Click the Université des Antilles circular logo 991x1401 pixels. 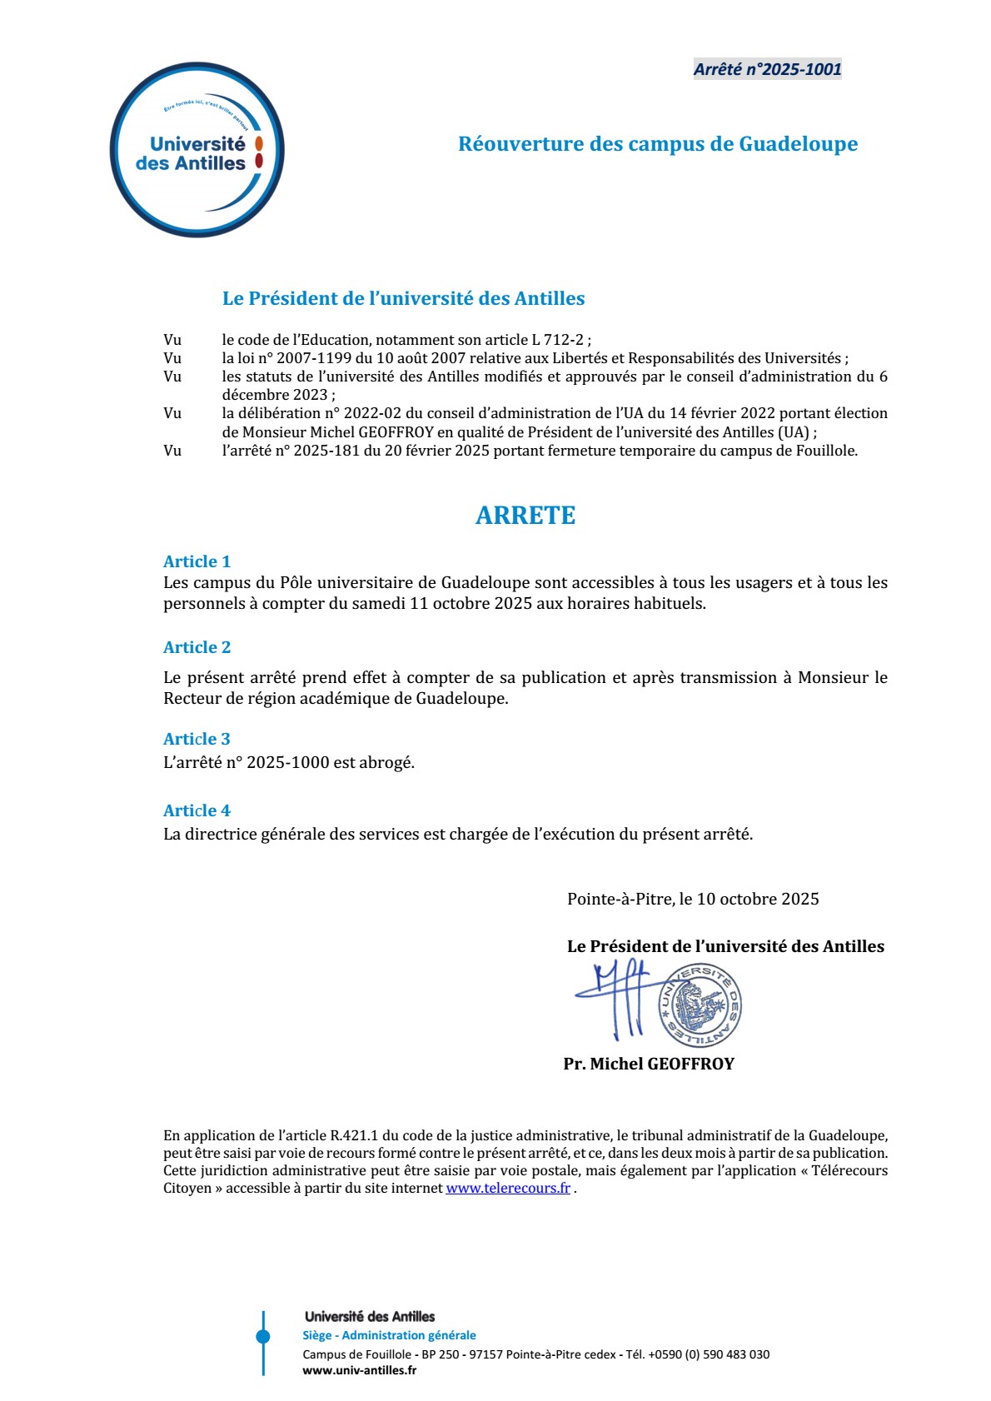pyautogui.click(x=197, y=150)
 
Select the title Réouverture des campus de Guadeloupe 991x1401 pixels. pyautogui.click(x=657, y=144)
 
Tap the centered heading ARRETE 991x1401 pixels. pyautogui.click(x=525, y=516)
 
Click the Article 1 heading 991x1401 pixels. pyautogui.click(x=197, y=561)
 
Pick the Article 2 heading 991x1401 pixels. pyautogui.click(x=197, y=647)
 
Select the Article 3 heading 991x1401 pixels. pyautogui.click(x=197, y=739)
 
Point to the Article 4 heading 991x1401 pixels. pyautogui.click(x=197, y=810)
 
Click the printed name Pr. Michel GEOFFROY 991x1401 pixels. pyautogui.click(x=649, y=1064)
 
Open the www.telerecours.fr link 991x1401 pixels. pyautogui.click(x=508, y=1188)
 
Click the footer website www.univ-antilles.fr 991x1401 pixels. pyautogui.click(x=359, y=1370)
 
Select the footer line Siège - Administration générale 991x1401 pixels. pyautogui.click(x=389, y=1335)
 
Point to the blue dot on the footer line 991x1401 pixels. pyautogui.click(x=263, y=1337)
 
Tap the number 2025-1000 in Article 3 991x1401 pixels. pyautogui.click(x=288, y=762)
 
